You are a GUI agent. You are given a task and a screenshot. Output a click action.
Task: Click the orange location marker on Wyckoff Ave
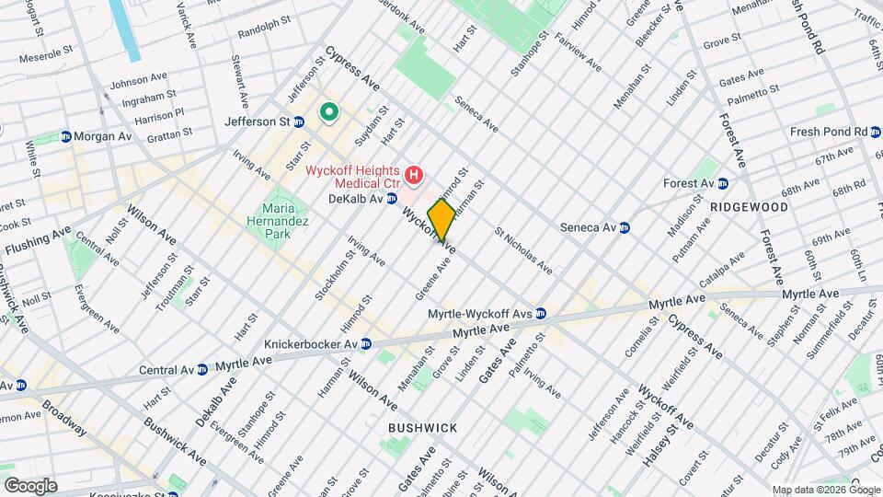pos(441,220)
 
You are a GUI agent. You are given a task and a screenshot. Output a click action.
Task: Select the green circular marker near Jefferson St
pos(327,113)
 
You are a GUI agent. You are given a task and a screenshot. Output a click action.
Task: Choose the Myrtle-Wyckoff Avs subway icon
pos(541,314)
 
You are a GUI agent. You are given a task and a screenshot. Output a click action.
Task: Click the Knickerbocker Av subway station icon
pos(364,344)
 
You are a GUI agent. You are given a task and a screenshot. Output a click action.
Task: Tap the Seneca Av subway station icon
pos(625,227)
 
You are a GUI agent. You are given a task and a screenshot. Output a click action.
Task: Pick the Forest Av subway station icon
pos(723,183)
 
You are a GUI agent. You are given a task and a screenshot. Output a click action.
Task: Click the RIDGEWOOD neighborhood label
pos(749,207)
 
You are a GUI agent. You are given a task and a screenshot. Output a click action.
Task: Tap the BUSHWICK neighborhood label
pos(422,428)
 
